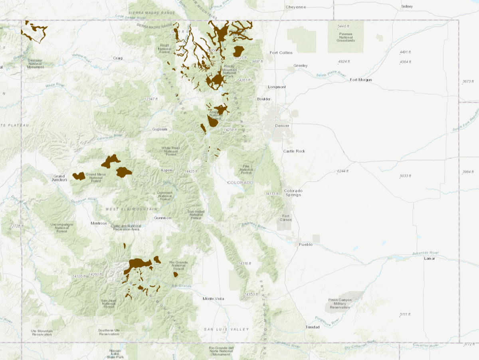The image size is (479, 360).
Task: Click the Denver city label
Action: tap(282, 126)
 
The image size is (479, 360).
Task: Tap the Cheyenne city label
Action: tap(296, 7)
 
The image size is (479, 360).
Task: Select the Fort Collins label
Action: tap(281, 53)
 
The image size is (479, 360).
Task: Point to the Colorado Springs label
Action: tap(293, 193)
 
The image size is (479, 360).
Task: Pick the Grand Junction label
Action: tap(59, 178)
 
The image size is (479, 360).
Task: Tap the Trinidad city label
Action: tap(313, 327)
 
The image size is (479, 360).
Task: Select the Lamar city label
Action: tap(430, 258)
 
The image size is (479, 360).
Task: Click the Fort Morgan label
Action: tap(361, 80)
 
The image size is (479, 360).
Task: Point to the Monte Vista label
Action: tap(213, 299)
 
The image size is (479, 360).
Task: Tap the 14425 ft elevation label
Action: tap(191, 171)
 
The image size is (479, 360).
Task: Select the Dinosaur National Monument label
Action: tap(35, 63)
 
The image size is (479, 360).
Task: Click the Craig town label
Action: tap(117, 58)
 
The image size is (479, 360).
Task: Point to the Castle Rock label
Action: tap(294, 151)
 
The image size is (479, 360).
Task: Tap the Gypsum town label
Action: tap(159, 129)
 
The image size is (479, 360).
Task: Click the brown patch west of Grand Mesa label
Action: tap(79, 176)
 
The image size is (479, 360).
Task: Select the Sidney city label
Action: tap(407, 6)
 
